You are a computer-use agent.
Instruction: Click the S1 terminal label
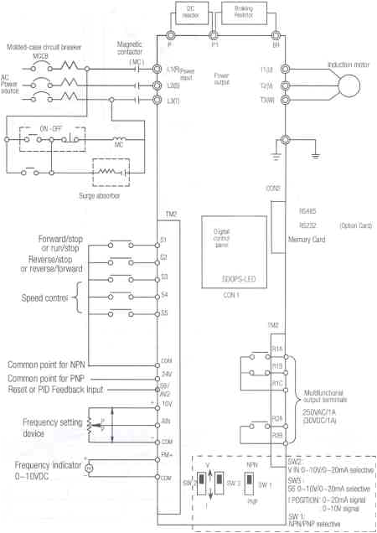coord(163,240)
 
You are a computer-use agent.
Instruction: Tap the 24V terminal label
coord(166,372)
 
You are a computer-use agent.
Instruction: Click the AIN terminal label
coord(166,422)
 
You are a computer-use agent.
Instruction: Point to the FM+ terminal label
coord(167,457)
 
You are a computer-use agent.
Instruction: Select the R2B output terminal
coord(276,435)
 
